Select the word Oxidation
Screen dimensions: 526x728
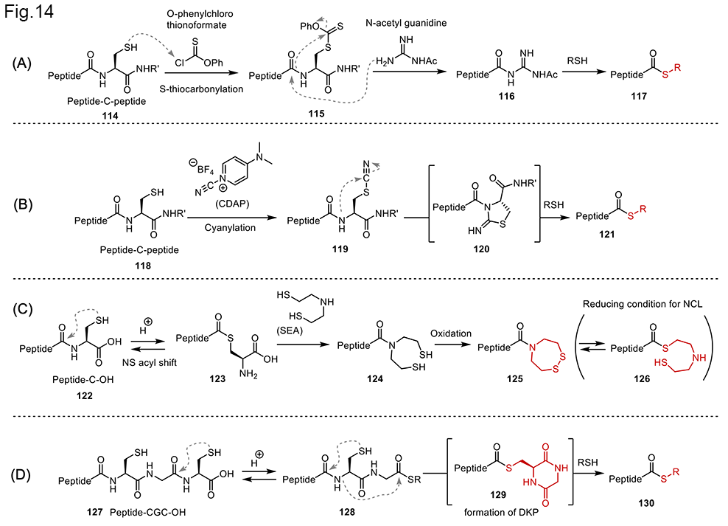click(x=452, y=333)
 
